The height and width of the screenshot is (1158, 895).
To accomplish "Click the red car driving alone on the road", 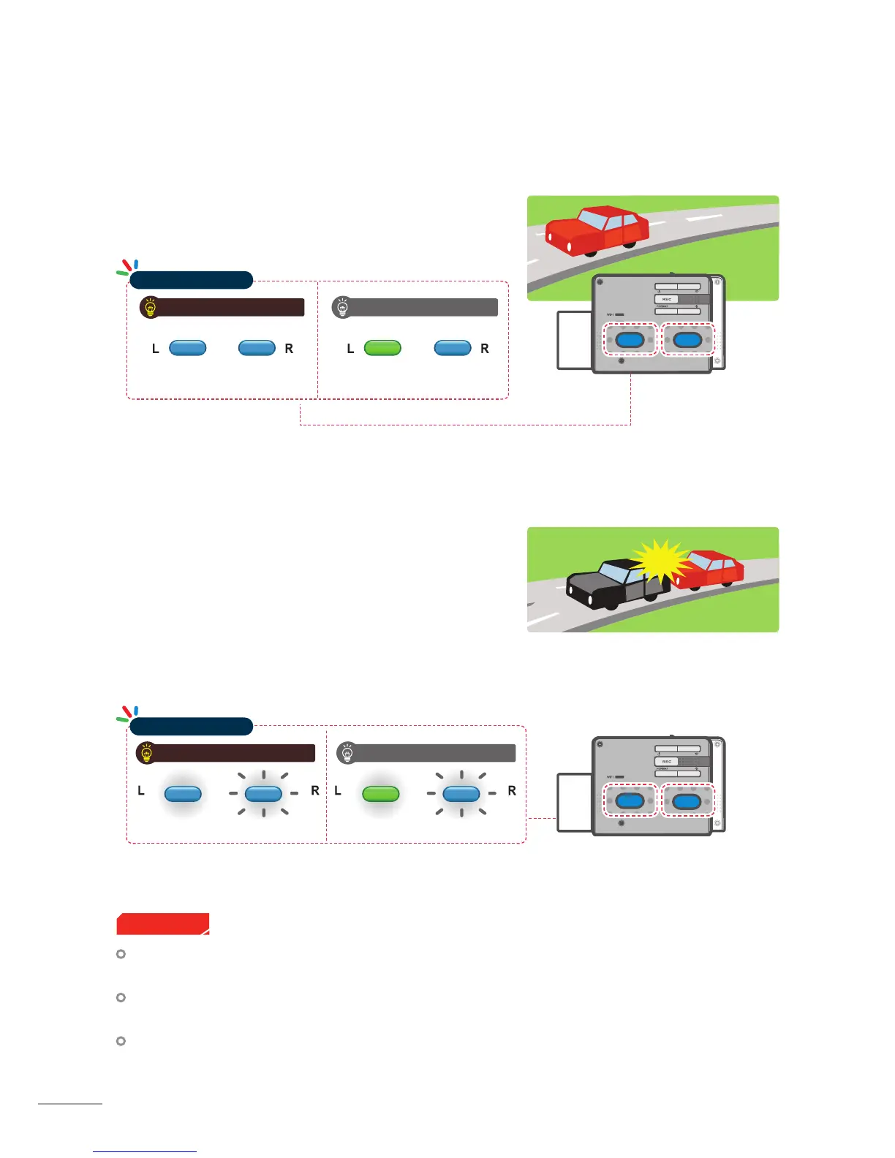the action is pyautogui.click(x=598, y=230).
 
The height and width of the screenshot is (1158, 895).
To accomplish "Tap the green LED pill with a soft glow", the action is pyautogui.click(x=381, y=794).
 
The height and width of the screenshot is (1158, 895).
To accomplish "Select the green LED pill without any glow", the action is pyautogui.click(x=382, y=348).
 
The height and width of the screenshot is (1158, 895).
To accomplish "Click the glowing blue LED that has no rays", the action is pyautogui.click(x=183, y=794).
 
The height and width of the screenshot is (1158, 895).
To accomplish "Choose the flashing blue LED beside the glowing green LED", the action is pyautogui.click(x=461, y=794).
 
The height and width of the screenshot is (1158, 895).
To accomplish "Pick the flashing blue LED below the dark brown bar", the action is pyautogui.click(x=263, y=794).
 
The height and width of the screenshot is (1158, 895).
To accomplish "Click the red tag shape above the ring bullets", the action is pyautogui.click(x=162, y=923).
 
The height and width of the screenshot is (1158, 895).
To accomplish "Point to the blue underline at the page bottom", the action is pyautogui.click(x=145, y=1152).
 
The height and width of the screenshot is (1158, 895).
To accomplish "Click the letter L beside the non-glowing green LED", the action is pyautogui.click(x=350, y=349).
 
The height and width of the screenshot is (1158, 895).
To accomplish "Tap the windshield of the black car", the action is pyautogui.click(x=613, y=572).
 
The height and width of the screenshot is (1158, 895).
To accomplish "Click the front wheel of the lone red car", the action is pyautogui.click(x=589, y=251).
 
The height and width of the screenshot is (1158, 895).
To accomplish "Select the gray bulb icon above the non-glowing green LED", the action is pyautogui.click(x=341, y=307).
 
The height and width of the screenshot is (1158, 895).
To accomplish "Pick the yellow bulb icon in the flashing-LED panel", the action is pyautogui.click(x=147, y=753).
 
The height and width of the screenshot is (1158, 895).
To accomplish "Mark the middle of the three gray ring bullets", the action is pyautogui.click(x=121, y=997).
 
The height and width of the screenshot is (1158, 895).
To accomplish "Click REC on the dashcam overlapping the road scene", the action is pyautogui.click(x=666, y=299).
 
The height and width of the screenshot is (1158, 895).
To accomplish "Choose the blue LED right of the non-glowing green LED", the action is pyautogui.click(x=453, y=348).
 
